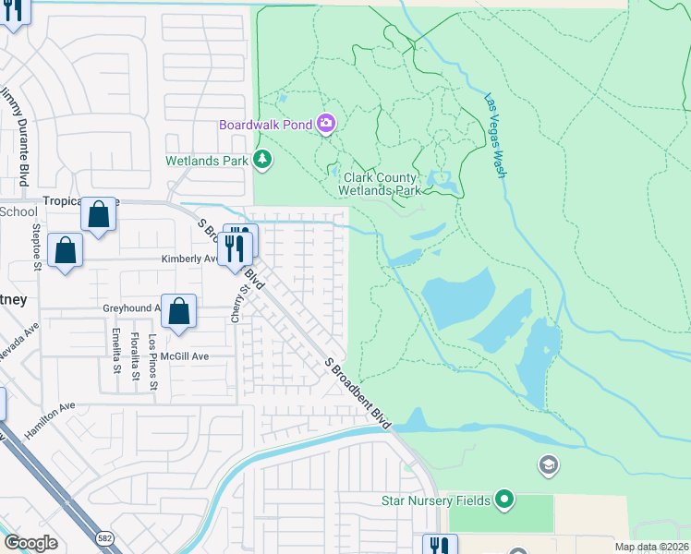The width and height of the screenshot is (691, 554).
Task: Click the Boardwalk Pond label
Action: coord(265,125)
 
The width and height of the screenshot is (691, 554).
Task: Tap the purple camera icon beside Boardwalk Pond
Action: coord(325,123)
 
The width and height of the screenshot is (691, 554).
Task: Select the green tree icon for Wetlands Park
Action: coord(263,160)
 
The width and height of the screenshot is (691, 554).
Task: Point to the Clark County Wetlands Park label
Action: coord(382,184)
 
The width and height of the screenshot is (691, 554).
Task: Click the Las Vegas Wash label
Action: coord(496,133)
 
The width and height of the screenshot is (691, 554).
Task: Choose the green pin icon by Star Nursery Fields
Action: coord(503,500)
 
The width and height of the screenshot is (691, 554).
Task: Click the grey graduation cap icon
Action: coord(548,464)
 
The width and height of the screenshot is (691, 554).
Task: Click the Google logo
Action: coord(30,542)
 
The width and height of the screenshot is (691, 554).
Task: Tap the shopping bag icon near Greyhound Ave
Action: coord(179,312)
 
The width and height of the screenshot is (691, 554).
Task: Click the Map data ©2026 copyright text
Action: coord(652,547)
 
